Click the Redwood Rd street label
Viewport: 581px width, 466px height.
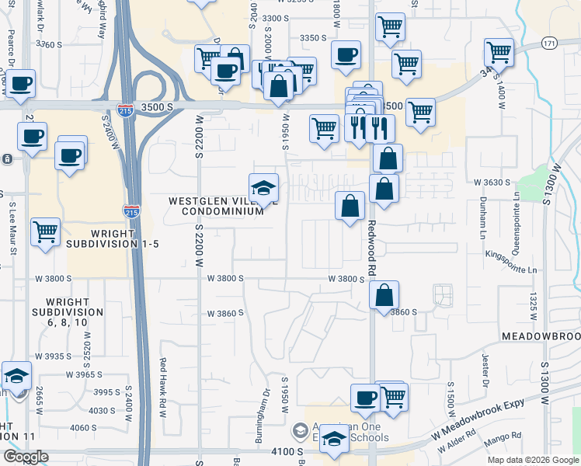tap(372, 250)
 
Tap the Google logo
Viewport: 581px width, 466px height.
tap(26, 456)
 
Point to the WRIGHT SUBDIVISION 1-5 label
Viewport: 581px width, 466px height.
tap(113, 238)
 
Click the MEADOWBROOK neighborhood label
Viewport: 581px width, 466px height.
tap(541, 336)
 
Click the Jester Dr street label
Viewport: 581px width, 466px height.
tap(484, 369)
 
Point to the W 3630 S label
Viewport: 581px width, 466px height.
tap(492, 182)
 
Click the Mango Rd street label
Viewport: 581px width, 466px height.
tap(506, 438)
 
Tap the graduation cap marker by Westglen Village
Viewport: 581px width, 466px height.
tap(263, 188)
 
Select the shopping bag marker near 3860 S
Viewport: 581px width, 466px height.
tap(384, 296)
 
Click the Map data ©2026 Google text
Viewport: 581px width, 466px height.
tap(533, 460)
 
